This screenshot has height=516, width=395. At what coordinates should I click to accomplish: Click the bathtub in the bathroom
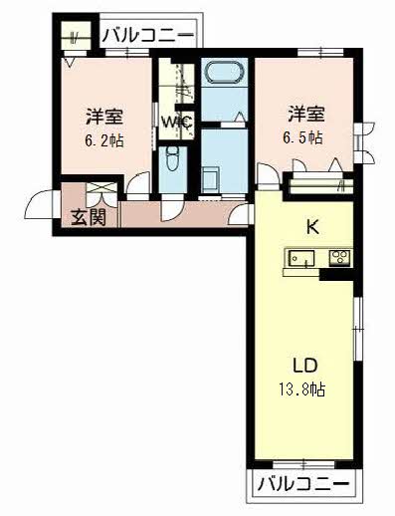223,75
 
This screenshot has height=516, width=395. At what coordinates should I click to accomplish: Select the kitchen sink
301,259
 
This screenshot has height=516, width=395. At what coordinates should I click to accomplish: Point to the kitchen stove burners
338,259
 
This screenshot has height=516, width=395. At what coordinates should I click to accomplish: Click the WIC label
177,124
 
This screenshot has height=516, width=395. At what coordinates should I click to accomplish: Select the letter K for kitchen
311,227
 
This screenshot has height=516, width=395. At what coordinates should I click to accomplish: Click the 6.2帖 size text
103,141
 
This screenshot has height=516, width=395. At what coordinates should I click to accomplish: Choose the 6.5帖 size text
304,137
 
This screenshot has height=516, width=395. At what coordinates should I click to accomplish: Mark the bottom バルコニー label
303,486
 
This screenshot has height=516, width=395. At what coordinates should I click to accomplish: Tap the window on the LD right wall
357,330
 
